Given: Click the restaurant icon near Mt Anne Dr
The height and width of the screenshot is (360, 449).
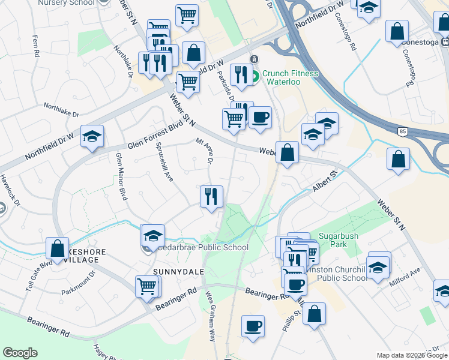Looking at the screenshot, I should coord(211,197).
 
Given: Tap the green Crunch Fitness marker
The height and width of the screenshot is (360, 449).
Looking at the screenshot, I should coord(255,76).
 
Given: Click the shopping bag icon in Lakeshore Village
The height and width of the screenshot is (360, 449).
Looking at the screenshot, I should coord(58,249).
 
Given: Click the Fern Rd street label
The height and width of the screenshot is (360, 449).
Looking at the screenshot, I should coord(35,46).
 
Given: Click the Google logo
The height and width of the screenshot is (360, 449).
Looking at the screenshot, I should coord(20,353).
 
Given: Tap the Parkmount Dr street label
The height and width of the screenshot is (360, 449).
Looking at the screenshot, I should coord(78,284).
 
